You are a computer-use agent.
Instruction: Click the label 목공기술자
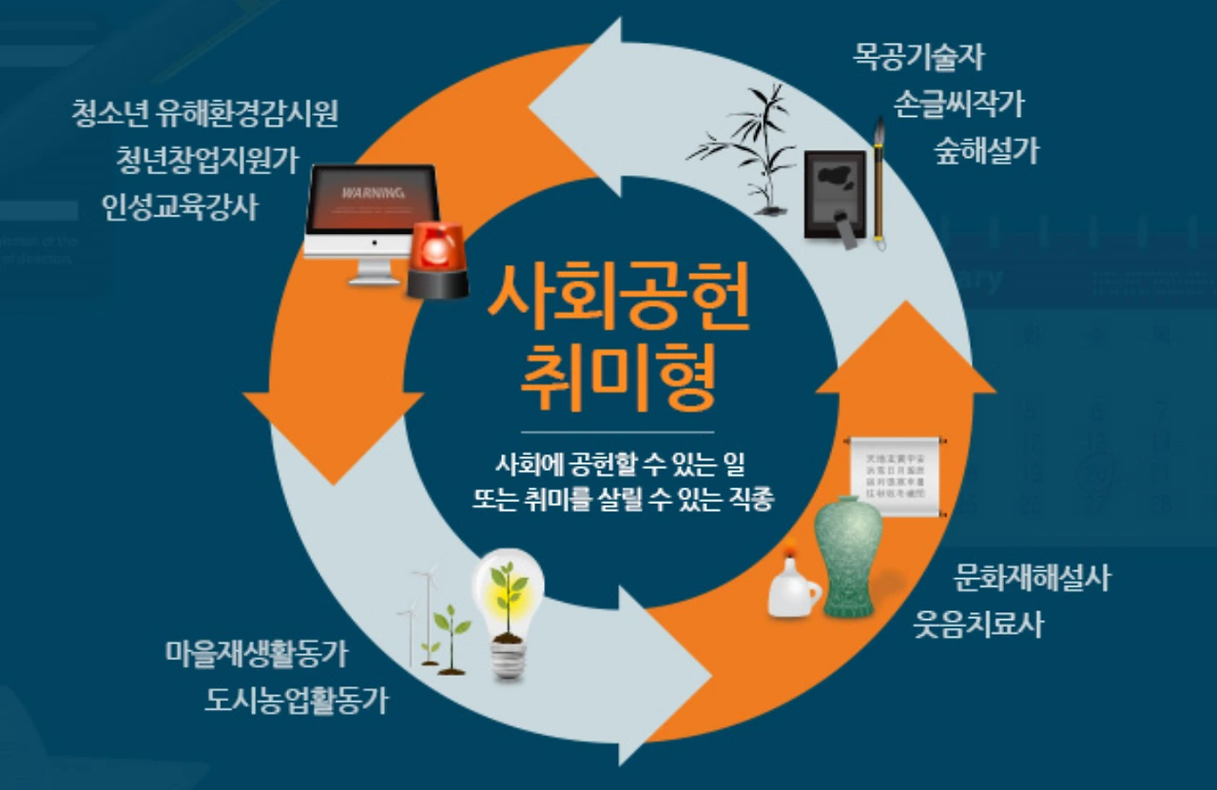tap(918, 58)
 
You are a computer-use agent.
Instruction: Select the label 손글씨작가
tap(958, 104)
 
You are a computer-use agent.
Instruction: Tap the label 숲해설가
tap(987, 149)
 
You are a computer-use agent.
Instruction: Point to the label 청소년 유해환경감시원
tap(204, 114)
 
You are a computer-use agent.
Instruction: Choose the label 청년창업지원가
tap(207, 160)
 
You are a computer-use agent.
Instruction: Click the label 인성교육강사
tap(180, 206)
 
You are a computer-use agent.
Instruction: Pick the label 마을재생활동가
tap(256, 654)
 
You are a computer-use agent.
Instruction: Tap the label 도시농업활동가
tap(297, 701)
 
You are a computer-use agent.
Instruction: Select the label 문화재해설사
tap(1032, 577)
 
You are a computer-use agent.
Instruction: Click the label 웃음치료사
tap(978, 625)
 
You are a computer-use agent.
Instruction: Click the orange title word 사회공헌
tap(619, 298)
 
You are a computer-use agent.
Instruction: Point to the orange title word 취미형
tap(619, 376)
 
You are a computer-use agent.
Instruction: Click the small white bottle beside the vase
tap(792, 588)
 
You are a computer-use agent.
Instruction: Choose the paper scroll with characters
tap(898, 476)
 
